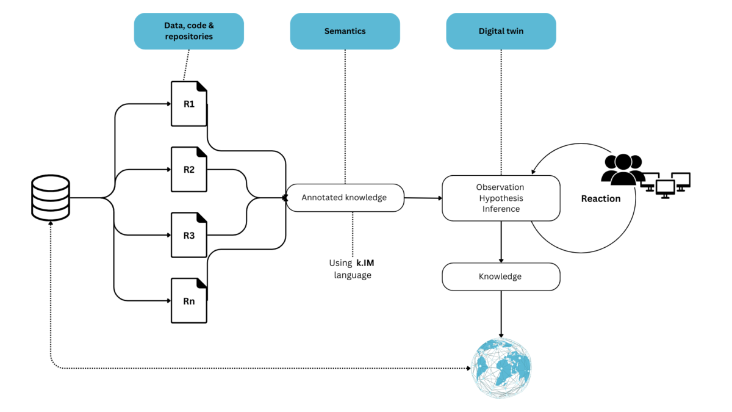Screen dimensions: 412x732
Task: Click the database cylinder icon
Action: tap(51, 198)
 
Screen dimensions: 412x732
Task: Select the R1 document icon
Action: tap(189, 104)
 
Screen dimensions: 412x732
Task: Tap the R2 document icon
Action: tap(189, 169)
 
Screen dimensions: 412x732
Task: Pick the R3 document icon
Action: tap(189, 235)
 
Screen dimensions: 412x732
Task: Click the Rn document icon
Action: tap(189, 301)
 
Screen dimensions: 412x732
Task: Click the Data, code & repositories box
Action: tap(188, 31)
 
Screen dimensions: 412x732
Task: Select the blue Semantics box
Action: tap(345, 31)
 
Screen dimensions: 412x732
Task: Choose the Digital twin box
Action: tap(501, 31)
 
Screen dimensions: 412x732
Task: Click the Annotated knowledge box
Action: tap(345, 198)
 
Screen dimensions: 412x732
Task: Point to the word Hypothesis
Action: tap(501, 198)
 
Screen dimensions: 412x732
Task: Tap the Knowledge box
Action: tap(501, 276)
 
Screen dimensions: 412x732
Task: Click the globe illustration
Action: tap(502, 369)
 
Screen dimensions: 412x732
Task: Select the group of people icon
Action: tap(622, 169)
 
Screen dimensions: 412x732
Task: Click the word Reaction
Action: tap(601, 198)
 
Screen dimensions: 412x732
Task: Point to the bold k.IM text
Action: tap(365, 263)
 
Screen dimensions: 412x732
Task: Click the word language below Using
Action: tap(353, 275)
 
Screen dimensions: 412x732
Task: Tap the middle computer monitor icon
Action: tap(666, 187)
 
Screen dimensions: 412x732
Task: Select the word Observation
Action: tap(501, 187)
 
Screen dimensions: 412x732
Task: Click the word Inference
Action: tap(501, 209)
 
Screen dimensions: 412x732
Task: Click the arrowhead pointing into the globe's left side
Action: tap(469, 369)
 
